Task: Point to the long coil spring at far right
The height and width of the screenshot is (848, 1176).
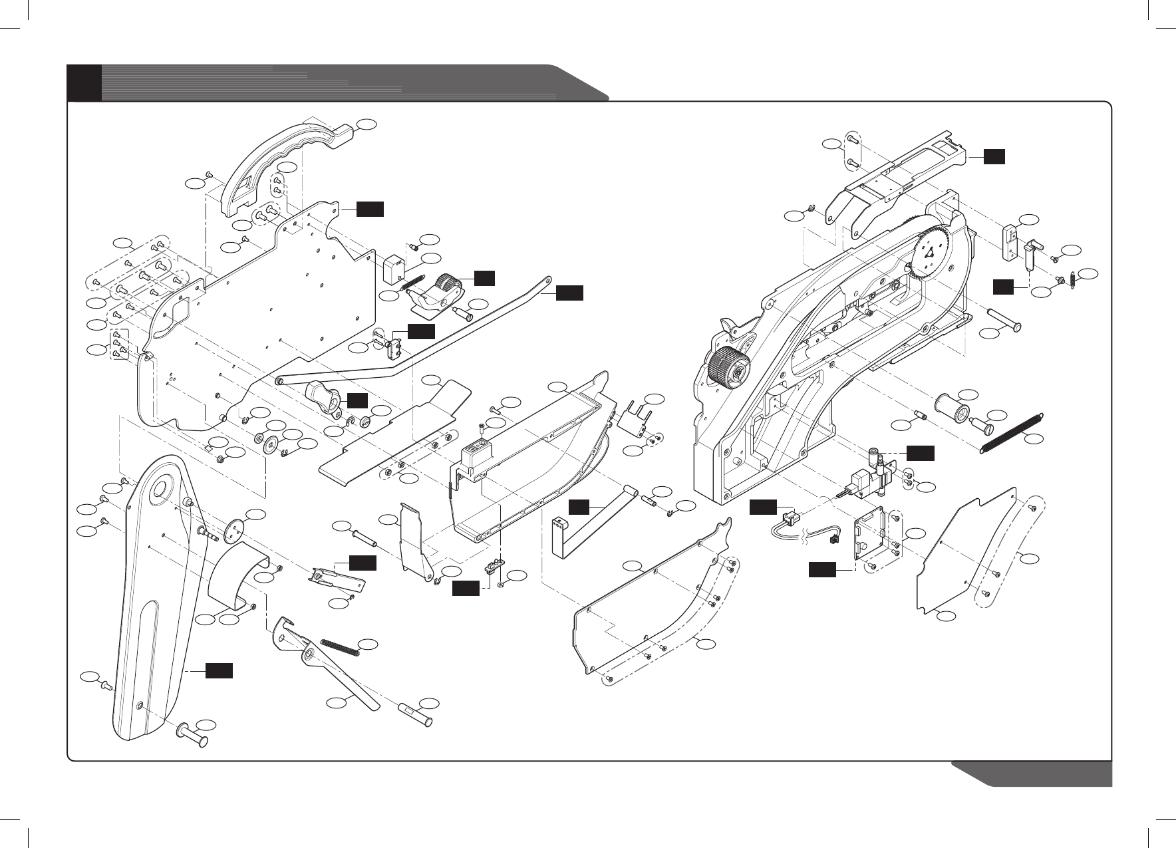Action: pyautogui.click(x=1012, y=432)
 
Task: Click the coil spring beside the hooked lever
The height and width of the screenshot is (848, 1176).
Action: pyautogui.click(x=340, y=646)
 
